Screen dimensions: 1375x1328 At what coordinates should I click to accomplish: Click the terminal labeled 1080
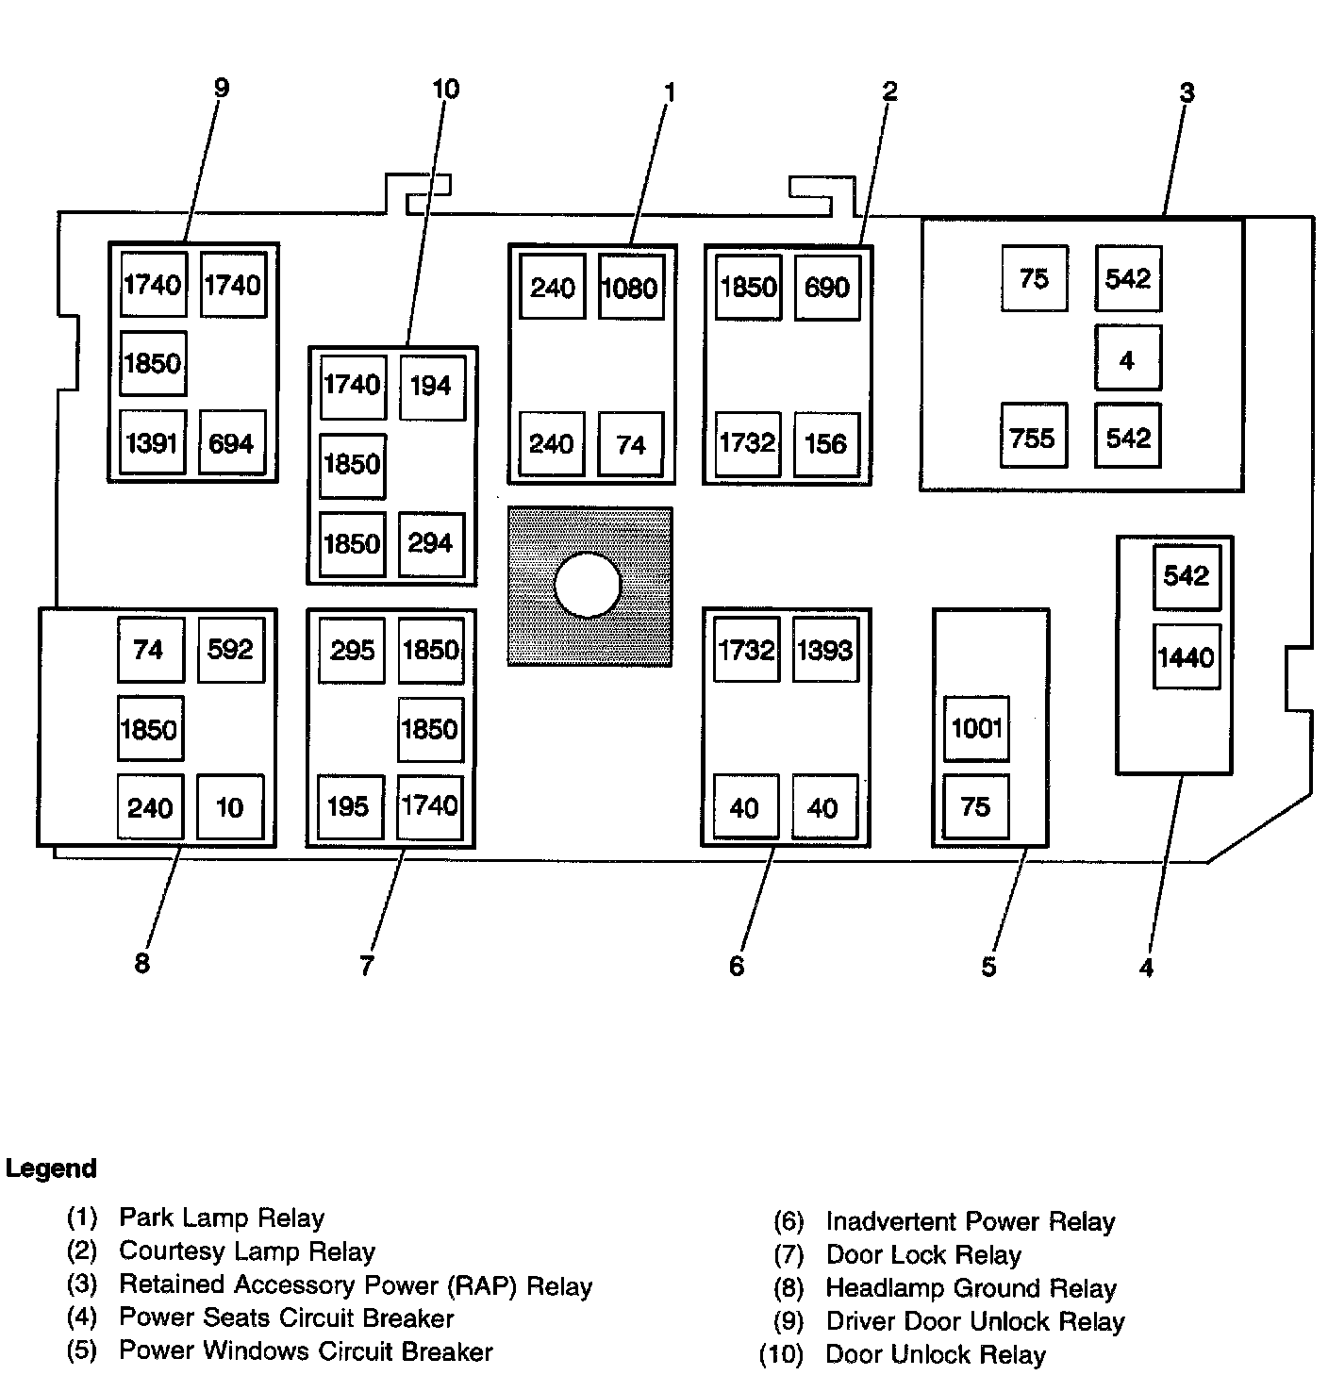click(631, 287)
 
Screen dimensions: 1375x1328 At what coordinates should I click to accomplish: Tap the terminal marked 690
click(826, 287)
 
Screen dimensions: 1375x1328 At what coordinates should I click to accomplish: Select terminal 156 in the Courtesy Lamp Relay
click(826, 443)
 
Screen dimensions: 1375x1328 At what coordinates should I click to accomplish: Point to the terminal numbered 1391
click(153, 442)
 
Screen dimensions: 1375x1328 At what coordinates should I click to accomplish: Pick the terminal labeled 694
click(232, 442)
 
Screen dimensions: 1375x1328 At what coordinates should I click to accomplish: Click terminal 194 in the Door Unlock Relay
click(431, 386)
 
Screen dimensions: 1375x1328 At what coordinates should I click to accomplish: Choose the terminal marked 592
click(231, 650)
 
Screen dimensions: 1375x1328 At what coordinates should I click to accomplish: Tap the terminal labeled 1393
click(825, 650)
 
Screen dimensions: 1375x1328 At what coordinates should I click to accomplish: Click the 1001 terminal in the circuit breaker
click(976, 728)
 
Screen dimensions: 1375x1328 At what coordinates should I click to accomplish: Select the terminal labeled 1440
click(1187, 656)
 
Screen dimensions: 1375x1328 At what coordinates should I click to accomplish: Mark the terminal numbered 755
click(1033, 437)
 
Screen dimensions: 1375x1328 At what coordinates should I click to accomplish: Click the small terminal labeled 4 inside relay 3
click(1127, 358)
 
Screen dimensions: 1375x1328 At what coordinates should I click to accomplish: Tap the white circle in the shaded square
click(588, 585)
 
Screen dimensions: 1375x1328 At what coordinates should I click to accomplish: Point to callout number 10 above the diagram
click(445, 90)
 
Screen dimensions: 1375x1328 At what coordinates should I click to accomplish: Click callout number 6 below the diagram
click(737, 966)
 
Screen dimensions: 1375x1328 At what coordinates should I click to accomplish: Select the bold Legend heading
click(51, 1168)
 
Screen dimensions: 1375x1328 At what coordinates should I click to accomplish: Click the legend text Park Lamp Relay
click(222, 1218)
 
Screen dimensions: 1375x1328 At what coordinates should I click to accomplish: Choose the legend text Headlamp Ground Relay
click(971, 1288)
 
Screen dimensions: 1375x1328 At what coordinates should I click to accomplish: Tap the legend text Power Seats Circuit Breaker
click(287, 1317)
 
